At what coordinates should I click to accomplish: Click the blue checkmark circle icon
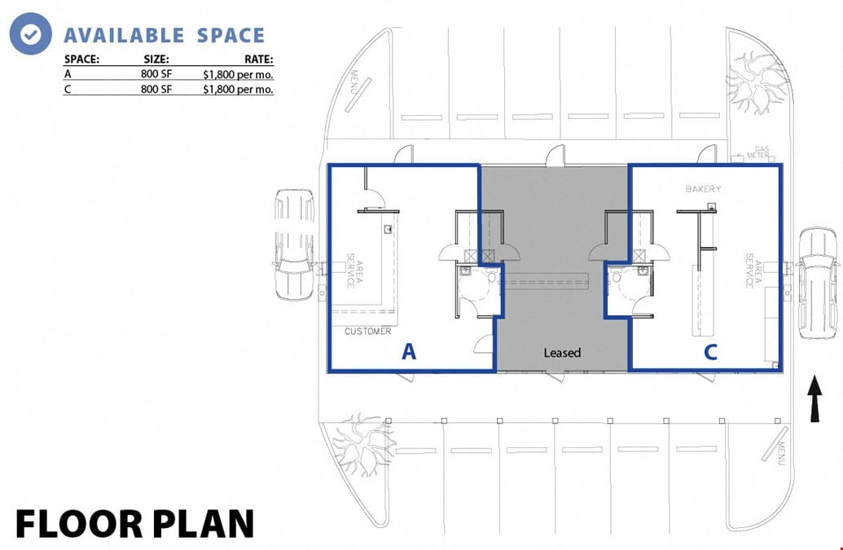(x=31, y=33)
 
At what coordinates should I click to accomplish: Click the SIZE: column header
(x=156, y=59)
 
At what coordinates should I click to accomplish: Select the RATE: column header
(x=258, y=59)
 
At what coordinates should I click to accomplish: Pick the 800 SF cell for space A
(x=156, y=73)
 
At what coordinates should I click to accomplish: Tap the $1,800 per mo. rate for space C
(x=238, y=90)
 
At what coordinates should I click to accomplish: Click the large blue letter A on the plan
(x=409, y=352)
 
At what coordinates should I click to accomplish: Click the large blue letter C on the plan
(x=710, y=352)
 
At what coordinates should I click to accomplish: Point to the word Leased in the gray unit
(x=562, y=353)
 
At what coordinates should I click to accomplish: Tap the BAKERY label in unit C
(x=703, y=189)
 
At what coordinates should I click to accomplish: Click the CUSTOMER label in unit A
(x=367, y=331)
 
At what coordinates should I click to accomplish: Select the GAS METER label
(x=759, y=152)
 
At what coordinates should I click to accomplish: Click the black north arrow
(x=814, y=398)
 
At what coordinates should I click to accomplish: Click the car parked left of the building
(x=293, y=244)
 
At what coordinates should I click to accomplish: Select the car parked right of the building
(x=817, y=284)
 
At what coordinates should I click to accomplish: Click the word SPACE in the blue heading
(x=231, y=36)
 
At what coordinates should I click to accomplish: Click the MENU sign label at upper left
(x=354, y=81)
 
